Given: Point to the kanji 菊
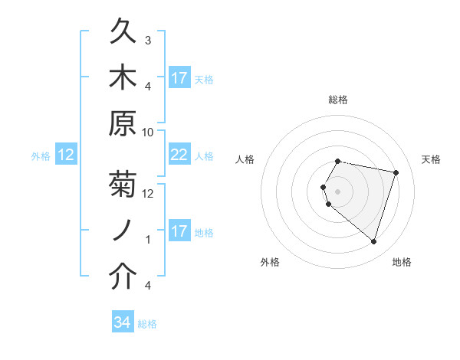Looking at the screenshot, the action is click(x=123, y=185).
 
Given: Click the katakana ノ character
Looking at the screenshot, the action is click(x=123, y=231).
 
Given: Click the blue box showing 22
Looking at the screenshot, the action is click(x=179, y=155).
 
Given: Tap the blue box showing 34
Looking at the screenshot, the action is click(x=123, y=323).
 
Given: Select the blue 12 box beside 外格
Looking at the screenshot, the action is click(x=66, y=155).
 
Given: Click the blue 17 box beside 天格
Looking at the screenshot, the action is click(x=179, y=78).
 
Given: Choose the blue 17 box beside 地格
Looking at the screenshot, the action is click(x=179, y=231).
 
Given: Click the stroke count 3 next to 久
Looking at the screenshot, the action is click(x=148, y=40).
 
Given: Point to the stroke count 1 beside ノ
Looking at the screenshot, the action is click(x=148, y=240).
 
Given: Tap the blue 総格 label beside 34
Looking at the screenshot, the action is click(x=147, y=324).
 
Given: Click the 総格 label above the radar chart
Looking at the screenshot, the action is click(x=338, y=100).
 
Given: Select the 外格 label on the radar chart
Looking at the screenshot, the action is click(x=270, y=262).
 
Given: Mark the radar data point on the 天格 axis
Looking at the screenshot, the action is click(x=396, y=172).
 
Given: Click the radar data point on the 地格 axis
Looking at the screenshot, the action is click(x=373, y=242).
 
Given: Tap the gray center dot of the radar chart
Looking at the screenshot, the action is click(x=338, y=191).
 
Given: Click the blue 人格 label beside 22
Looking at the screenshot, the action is click(x=204, y=156).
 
